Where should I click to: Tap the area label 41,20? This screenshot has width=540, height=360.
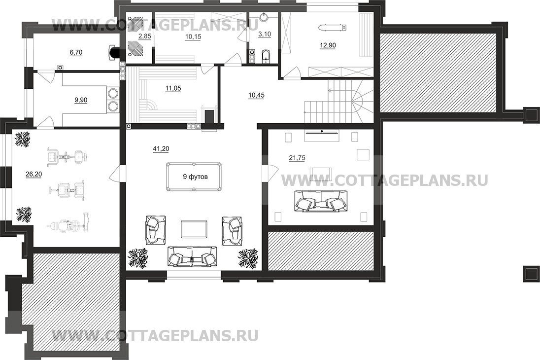(x=161, y=149)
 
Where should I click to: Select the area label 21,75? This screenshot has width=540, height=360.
(x=297, y=158)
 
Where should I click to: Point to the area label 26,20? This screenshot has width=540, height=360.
(x=34, y=175)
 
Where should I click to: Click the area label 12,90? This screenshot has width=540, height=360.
(x=328, y=45)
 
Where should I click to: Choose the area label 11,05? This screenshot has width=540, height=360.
(x=173, y=89)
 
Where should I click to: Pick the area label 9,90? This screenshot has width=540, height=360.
(x=81, y=100)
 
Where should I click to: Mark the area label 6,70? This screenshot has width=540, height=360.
(x=76, y=52)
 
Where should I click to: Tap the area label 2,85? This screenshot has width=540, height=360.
(x=145, y=36)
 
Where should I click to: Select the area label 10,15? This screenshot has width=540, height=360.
(x=193, y=36)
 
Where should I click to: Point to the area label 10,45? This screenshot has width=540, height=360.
(x=256, y=95)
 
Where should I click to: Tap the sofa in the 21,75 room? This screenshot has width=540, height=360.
(x=321, y=201)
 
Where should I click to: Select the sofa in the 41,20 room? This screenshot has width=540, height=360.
(x=193, y=256)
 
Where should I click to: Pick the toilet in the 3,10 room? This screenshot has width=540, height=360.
(x=266, y=57)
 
